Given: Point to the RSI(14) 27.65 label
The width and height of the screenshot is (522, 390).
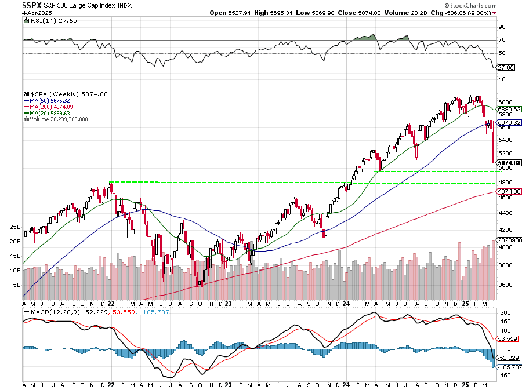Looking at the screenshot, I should tap(44, 20).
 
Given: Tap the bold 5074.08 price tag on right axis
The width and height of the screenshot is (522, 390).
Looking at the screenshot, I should tap(506, 163).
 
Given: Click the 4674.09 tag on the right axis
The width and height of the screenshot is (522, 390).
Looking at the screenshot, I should tap(506, 191).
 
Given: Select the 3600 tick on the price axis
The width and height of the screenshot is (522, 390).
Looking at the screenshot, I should tap(505, 285).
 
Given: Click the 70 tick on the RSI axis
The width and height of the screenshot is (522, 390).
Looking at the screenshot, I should tap(501, 40).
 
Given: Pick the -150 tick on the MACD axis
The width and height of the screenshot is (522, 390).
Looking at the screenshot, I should tap(504, 376).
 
